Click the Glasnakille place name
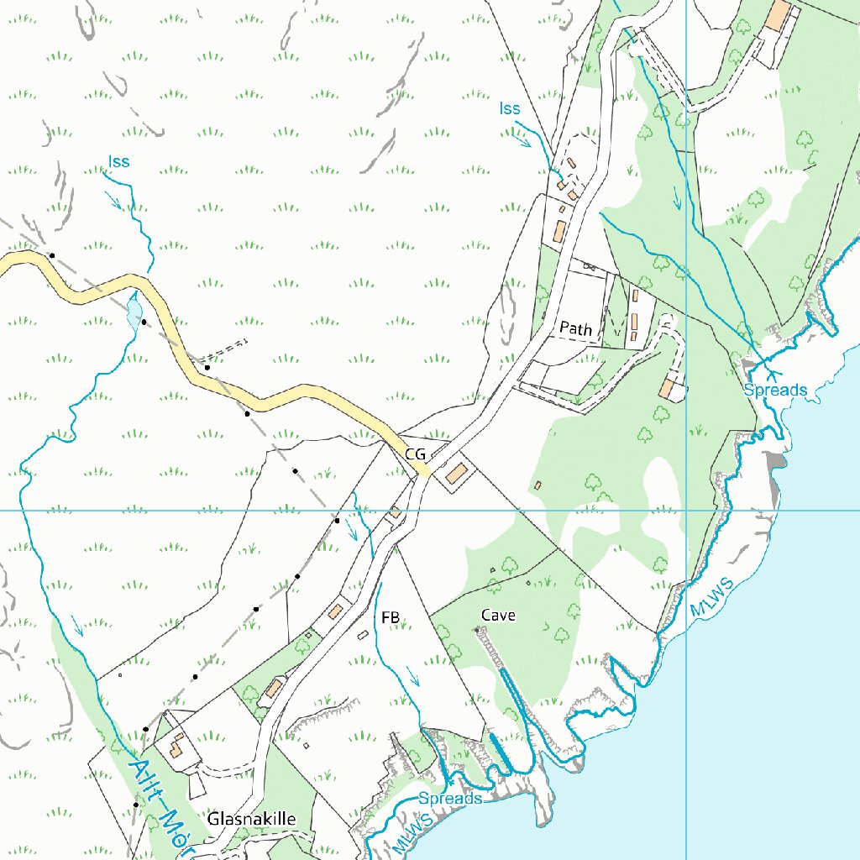tap(252, 818)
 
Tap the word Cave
tap(498, 616)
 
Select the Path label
tap(575, 328)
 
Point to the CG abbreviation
tap(416, 454)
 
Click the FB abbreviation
tap(390, 618)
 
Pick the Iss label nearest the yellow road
tap(119, 161)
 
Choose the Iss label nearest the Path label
tap(510, 108)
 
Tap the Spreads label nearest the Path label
tap(774, 390)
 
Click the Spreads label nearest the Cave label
tap(450, 798)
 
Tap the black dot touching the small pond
tap(144, 322)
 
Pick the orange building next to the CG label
tap(457, 473)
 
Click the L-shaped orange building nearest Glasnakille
tap(176, 745)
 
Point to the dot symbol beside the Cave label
tap(478, 628)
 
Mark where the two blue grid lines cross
tap(687, 510)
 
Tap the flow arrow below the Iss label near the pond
tap(113, 200)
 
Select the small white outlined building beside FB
tap(363, 636)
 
